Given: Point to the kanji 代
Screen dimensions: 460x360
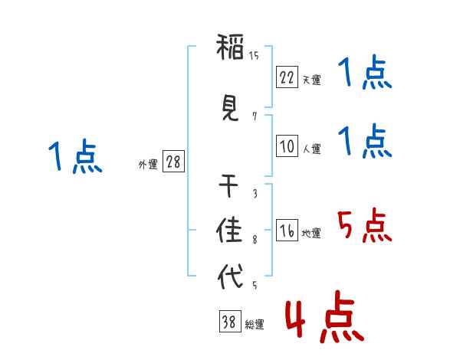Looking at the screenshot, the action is [x=231, y=276].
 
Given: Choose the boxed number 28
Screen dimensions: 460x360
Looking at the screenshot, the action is [x=173, y=162].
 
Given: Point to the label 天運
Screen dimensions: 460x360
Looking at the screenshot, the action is [x=311, y=80].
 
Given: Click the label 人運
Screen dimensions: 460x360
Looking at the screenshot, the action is [x=311, y=149].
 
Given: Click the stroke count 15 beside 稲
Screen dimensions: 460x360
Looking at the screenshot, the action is [x=254, y=56].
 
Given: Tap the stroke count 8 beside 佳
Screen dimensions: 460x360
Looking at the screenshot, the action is [x=254, y=241].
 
